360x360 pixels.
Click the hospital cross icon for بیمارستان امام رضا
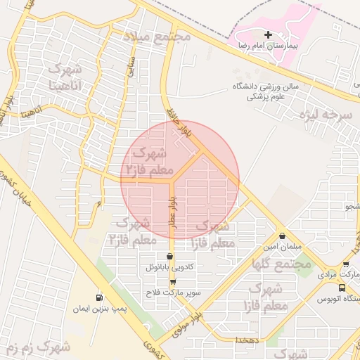[267, 34]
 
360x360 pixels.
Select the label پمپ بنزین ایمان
[121, 308]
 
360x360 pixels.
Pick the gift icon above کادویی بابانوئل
[169, 256]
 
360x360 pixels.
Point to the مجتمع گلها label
[282, 263]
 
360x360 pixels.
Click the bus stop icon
[342, 288]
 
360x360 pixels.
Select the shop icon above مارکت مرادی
[345, 264]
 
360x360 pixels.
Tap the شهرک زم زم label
[37, 347]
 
